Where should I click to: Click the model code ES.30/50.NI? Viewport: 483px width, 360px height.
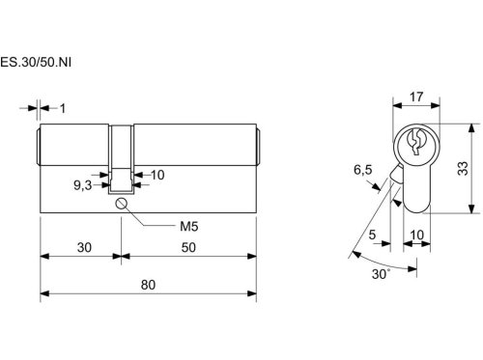(36, 62)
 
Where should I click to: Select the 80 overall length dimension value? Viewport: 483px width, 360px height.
(148, 285)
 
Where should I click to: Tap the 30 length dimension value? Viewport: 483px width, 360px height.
(84, 247)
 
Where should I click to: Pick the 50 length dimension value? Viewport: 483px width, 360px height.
(188, 247)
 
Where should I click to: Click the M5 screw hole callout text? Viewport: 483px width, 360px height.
(189, 227)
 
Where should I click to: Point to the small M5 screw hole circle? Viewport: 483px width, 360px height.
(121, 204)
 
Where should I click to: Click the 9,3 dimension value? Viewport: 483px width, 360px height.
(83, 185)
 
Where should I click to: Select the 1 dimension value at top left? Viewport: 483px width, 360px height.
(63, 108)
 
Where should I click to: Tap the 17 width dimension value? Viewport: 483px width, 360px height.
(416, 97)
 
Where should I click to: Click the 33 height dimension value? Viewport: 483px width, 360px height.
(463, 168)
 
